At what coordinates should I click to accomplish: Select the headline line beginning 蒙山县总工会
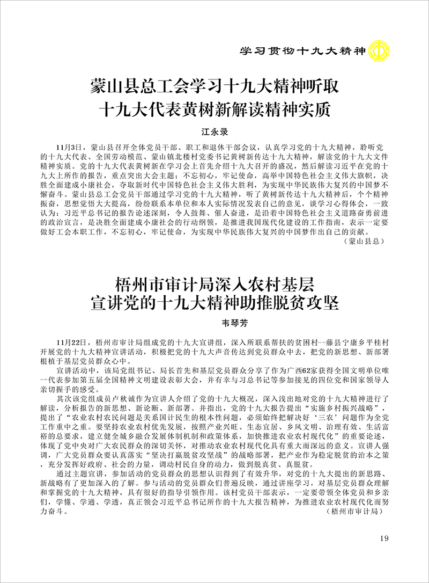pos(214,87)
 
